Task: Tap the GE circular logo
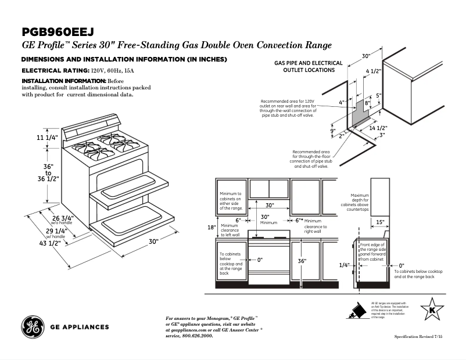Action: pos(31,327)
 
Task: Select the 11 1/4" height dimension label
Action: pos(47,138)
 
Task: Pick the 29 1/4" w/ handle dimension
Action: pos(56,231)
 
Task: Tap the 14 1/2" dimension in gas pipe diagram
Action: pos(378,127)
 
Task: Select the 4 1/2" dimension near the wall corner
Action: pos(373,71)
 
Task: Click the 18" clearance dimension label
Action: pos(211,227)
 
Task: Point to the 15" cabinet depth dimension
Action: pos(379,222)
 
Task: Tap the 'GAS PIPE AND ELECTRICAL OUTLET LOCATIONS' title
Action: pos(309,66)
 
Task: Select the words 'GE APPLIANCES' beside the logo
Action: pos(80,327)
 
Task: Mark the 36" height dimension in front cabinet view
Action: pos(302,261)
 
